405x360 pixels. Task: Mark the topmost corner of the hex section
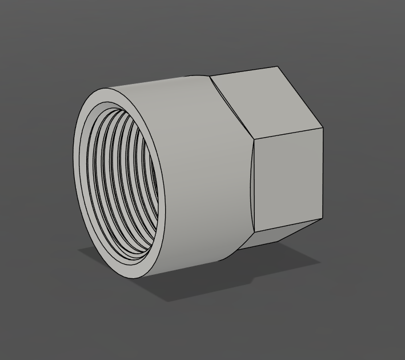pos(279,67)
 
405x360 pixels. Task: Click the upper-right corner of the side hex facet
pos(323,127)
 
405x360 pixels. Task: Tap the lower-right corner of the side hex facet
pos(323,219)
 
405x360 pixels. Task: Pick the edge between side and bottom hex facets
pos(288,226)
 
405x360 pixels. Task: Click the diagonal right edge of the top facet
pos(301,97)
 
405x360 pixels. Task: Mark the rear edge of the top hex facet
pos(244,71)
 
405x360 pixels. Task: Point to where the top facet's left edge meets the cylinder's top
pos(210,77)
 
